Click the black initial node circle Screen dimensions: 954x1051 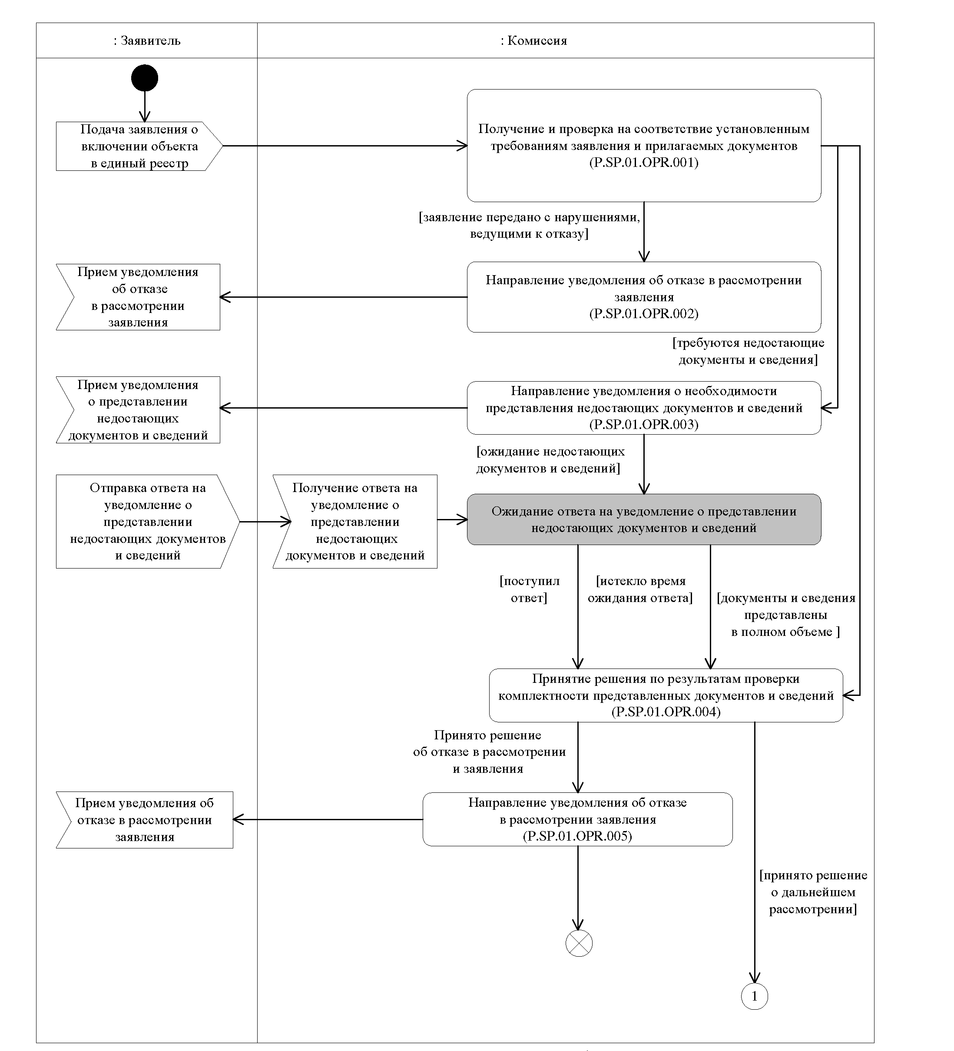(144, 78)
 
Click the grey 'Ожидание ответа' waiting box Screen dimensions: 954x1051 (644, 519)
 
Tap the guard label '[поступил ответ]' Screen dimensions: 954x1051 (530, 589)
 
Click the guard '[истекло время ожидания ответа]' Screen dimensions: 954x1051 (640, 589)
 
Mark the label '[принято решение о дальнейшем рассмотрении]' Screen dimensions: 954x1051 (813, 892)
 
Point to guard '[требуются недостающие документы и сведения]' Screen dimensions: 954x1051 (748, 351)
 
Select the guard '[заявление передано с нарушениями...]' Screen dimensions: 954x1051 (530, 225)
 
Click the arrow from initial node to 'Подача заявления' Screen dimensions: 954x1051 (144, 107)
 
